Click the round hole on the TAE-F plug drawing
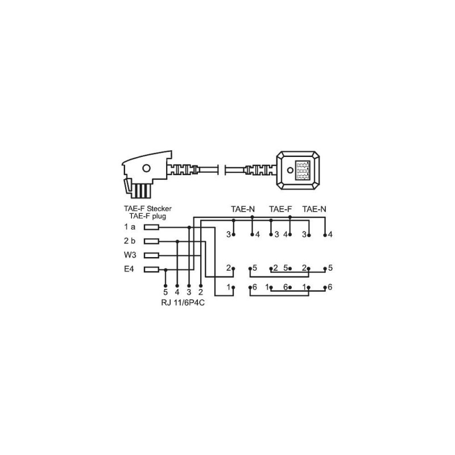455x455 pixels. pos(147,168)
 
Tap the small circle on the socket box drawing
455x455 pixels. pos(290,170)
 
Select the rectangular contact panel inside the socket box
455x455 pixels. pos(303,170)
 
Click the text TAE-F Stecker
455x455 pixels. pos(148,208)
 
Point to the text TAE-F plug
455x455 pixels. pos(148,216)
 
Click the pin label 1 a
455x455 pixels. pos(130,227)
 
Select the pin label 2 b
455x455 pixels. pos(130,241)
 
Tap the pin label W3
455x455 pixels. pos(130,255)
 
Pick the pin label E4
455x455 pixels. pos(129,269)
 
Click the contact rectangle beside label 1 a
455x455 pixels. pos(151,227)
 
